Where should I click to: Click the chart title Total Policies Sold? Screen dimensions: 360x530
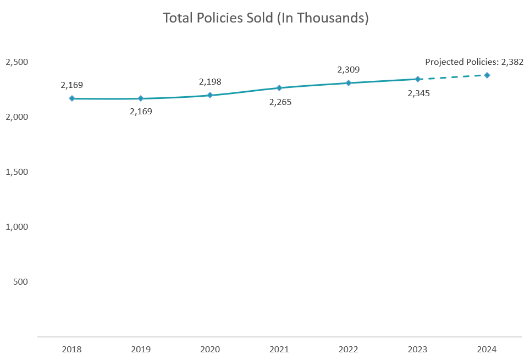pos(266,18)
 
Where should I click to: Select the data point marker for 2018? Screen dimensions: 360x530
pos(71,98)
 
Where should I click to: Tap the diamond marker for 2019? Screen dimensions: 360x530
pos(141,98)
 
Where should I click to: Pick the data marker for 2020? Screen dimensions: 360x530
pos(210,95)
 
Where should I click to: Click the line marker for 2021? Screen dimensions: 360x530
pos(279,88)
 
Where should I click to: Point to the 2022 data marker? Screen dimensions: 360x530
pos(349,83)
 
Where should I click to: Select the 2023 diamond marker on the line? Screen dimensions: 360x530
pos(418,79)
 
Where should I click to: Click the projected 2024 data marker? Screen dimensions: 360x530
pos(487,75)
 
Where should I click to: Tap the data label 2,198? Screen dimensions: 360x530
pos(210,82)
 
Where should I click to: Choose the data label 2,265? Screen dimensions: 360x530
pos(280,102)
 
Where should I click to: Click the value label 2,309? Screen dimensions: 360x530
pos(349,70)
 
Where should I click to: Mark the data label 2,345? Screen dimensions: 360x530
pos(418,93)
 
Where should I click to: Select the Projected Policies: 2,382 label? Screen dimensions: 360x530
pos(474,62)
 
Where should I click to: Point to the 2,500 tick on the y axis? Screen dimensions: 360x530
pos(16,62)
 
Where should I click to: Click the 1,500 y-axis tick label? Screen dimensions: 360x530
pos(16,172)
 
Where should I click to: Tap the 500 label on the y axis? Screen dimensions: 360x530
pos(20,281)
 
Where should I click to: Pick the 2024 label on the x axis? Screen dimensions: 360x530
pos(487,349)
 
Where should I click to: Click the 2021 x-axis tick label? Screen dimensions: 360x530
pos(279,349)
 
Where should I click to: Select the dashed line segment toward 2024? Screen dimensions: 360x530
pos(452,77)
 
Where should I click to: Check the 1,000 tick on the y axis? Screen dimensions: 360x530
pos(16,226)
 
